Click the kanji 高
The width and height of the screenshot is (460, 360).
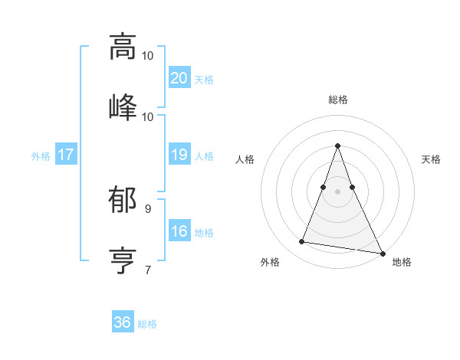pyautogui.click(x=122, y=46)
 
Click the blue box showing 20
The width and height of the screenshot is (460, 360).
pyautogui.click(x=179, y=78)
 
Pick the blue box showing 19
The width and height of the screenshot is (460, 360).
pyautogui.click(x=179, y=155)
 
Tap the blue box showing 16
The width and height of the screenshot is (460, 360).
pyautogui.click(x=179, y=232)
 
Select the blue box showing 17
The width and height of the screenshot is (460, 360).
pyautogui.click(x=66, y=155)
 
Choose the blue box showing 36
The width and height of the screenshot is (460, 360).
pyautogui.click(x=123, y=323)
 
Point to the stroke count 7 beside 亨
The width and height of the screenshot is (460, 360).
pyautogui.click(x=147, y=269)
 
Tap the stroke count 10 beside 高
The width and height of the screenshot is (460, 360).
pyautogui.click(x=147, y=55)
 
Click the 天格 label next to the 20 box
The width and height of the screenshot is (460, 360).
pyautogui.click(x=203, y=79)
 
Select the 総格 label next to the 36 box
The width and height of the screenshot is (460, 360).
pyautogui.click(x=147, y=324)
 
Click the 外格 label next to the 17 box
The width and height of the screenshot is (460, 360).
pyautogui.click(x=41, y=156)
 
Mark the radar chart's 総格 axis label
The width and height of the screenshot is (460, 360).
pyautogui.click(x=337, y=100)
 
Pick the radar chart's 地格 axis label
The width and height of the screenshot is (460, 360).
pyautogui.click(x=402, y=262)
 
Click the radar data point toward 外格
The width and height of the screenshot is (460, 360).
pyautogui.click(x=302, y=242)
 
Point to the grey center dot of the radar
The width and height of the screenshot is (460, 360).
pyautogui.click(x=337, y=201)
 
